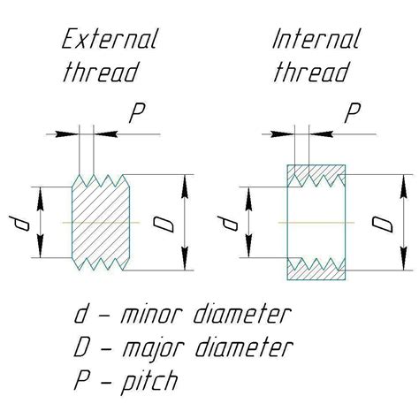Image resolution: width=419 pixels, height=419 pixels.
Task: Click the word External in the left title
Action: pos(110,41)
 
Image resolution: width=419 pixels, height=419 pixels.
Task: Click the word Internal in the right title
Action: pos(316,41)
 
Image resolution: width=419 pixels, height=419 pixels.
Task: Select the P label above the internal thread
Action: pos(353,113)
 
